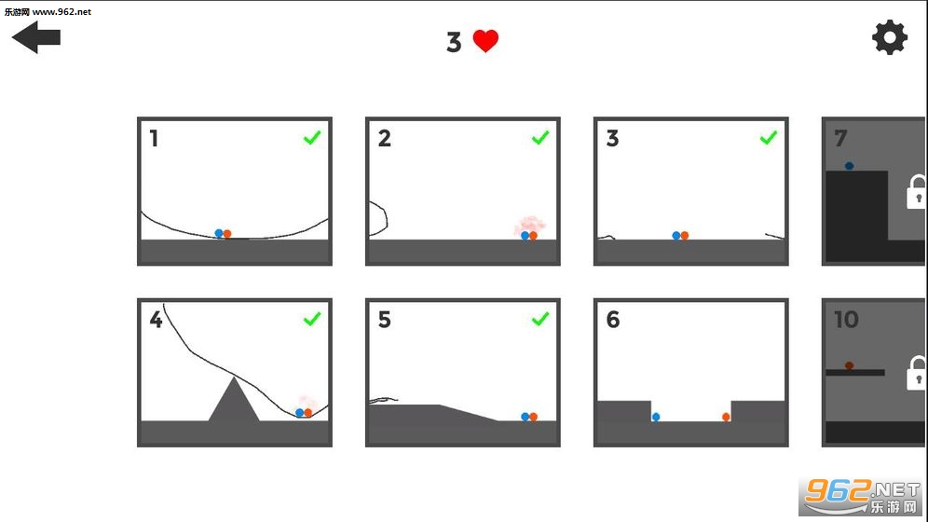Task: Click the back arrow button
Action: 35,37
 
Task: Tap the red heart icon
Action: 485,41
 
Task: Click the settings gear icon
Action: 889,38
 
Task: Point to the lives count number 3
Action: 454,43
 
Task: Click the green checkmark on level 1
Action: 312,138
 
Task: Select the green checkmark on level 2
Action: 540,138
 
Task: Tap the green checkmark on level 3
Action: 768,138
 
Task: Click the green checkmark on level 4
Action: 312,319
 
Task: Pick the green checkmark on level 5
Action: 540,319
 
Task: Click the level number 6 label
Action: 613,320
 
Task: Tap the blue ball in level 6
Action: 656,418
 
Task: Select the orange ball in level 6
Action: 726,418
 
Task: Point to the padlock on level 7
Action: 917,192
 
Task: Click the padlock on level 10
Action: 917,373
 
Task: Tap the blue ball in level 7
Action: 850,166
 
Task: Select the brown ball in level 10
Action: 850,365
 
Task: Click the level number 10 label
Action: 846,320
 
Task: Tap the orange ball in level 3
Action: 685,236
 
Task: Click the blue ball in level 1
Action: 219,234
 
